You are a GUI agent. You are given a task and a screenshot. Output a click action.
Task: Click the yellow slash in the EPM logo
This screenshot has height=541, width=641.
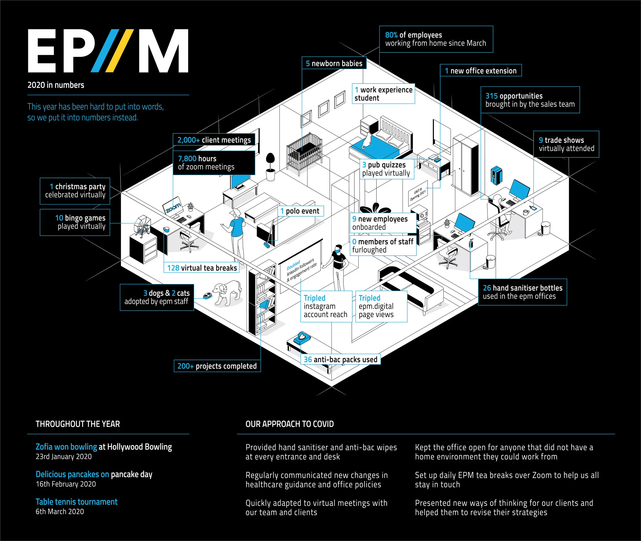tap(120, 51)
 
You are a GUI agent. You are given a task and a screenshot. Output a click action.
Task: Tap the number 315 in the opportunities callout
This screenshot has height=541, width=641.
tap(491, 96)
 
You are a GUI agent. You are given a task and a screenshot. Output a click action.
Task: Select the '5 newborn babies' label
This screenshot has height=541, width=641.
tap(334, 64)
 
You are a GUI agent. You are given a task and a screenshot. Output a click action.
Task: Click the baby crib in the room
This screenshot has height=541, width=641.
tap(304, 153)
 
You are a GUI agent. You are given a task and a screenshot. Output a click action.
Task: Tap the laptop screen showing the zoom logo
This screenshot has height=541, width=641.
tap(173, 207)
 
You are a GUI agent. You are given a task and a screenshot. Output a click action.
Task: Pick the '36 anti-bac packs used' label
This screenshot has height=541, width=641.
tap(340, 360)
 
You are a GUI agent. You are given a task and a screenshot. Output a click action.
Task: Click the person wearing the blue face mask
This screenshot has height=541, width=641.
tap(339, 264)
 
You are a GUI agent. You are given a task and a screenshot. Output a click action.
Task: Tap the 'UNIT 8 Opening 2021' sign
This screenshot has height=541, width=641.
tap(417, 195)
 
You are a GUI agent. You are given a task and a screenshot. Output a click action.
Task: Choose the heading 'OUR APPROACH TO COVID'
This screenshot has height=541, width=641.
tap(289, 424)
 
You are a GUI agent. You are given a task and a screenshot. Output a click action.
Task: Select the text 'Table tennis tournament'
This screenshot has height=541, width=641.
tap(76, 502)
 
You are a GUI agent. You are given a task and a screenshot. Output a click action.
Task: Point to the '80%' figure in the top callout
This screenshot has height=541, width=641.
tap(391, 35)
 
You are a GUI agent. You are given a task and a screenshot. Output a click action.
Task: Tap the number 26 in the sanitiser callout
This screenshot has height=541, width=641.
tap(487, 288)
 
